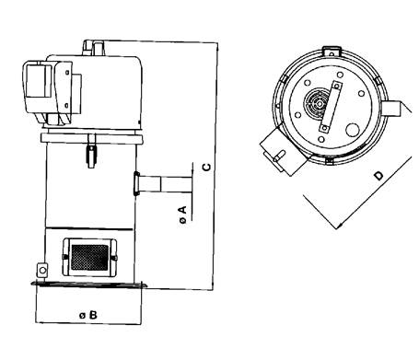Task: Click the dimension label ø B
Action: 88,315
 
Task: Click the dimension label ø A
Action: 182,215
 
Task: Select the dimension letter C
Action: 207,167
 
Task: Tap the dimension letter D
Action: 379,176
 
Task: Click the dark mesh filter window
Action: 89,258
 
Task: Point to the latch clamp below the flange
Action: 91,151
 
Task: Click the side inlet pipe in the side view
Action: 163,183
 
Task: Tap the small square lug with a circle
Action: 41,271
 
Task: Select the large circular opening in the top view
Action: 353,129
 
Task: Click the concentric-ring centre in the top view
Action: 320,103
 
